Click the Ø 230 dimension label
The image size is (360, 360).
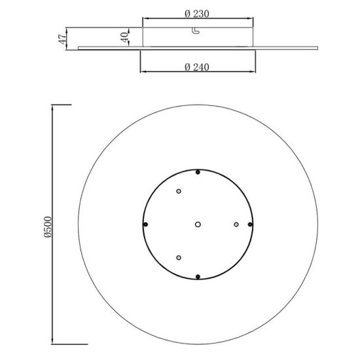coord(197,14)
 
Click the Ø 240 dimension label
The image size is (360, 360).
coord(197,67)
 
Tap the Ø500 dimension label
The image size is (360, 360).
coord(48,227)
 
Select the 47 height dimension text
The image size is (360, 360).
coord(62,39)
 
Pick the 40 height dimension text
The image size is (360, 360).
coord(124,37)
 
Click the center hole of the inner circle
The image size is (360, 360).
coord(198,225)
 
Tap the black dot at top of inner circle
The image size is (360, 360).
coord(198,172)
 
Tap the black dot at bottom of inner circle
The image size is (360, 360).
coord(198,277)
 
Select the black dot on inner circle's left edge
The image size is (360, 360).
coord(145,225)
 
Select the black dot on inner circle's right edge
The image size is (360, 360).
coord(250,225)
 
